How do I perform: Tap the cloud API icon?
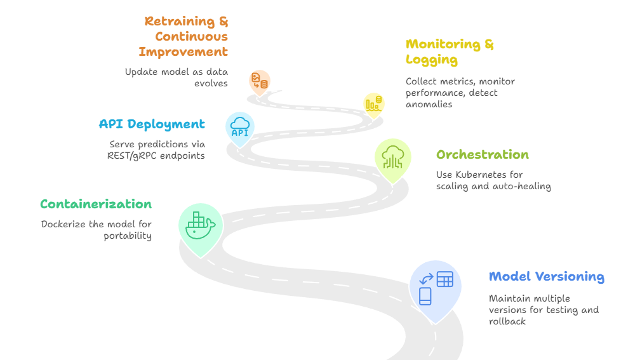pyautogui.click(x=240, y=126)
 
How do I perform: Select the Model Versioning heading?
pyautogui.click(x=546, y=277)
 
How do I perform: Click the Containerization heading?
pyautogui.click(x=96, y=204)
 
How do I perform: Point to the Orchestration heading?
pyautogui.click(x=482, y=155)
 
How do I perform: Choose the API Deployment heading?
pyautogui.click(x=152, y=124)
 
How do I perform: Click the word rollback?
pyautogui.click(x=507, y=321)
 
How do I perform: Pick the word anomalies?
pyautogui.click(x=429, y=104)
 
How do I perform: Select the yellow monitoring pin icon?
pyautogui.click(x=373, y=103)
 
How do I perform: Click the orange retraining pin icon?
pyautogui.click(x=260, y=81)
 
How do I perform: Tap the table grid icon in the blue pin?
pyautogui.click(x=444, y=279)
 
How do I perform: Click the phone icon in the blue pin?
pyautogui.click(x=425, y=296)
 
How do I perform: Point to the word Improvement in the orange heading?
pyautogui.click(x=183, y=52)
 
